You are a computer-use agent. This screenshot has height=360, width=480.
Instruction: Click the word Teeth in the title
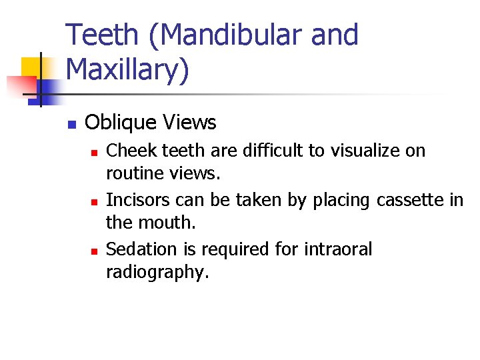[x=104, y=35]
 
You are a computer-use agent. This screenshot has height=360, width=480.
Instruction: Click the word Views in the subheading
[x=190, y=123]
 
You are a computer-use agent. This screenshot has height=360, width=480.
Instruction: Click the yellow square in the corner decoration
[x=32, y=67]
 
